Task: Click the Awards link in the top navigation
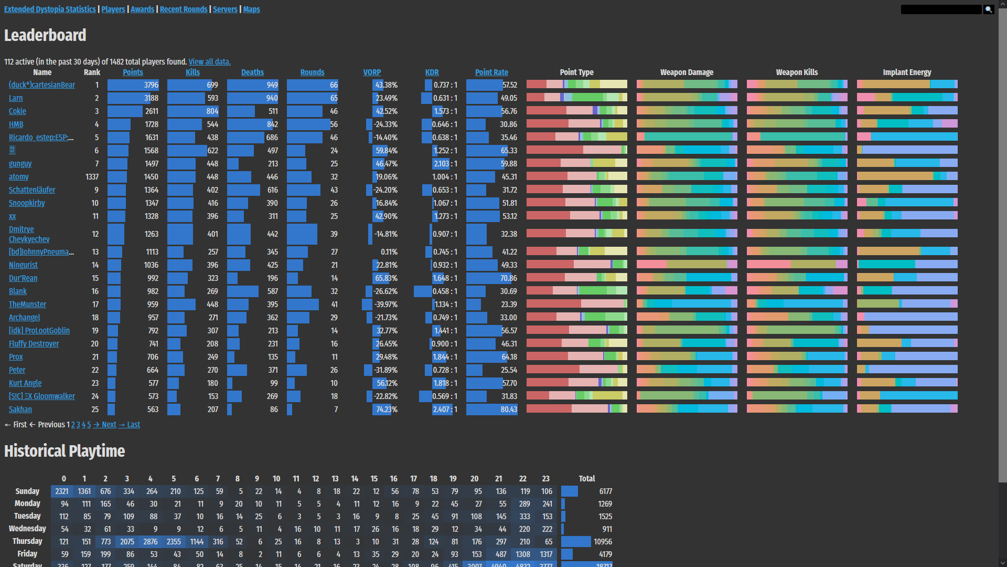(142, 9)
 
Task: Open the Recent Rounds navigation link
(184, 9)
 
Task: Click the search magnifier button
(989, 9)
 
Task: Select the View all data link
(209, 62)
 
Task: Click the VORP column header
(372, 72)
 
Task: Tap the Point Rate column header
(491, 72)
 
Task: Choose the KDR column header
(432, 72)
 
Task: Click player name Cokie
(17, 111)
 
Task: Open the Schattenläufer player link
(32, 190)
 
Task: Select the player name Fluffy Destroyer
(34, 344)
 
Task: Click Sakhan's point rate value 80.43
(508, 409)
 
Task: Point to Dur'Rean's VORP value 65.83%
(386, 278)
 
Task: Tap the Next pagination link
(109, 425)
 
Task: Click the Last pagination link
(133, 425)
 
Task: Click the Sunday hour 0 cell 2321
(62, 491)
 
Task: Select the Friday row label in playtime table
(27, 554)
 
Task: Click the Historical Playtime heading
(65, 451)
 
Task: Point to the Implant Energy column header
(907, 72)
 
